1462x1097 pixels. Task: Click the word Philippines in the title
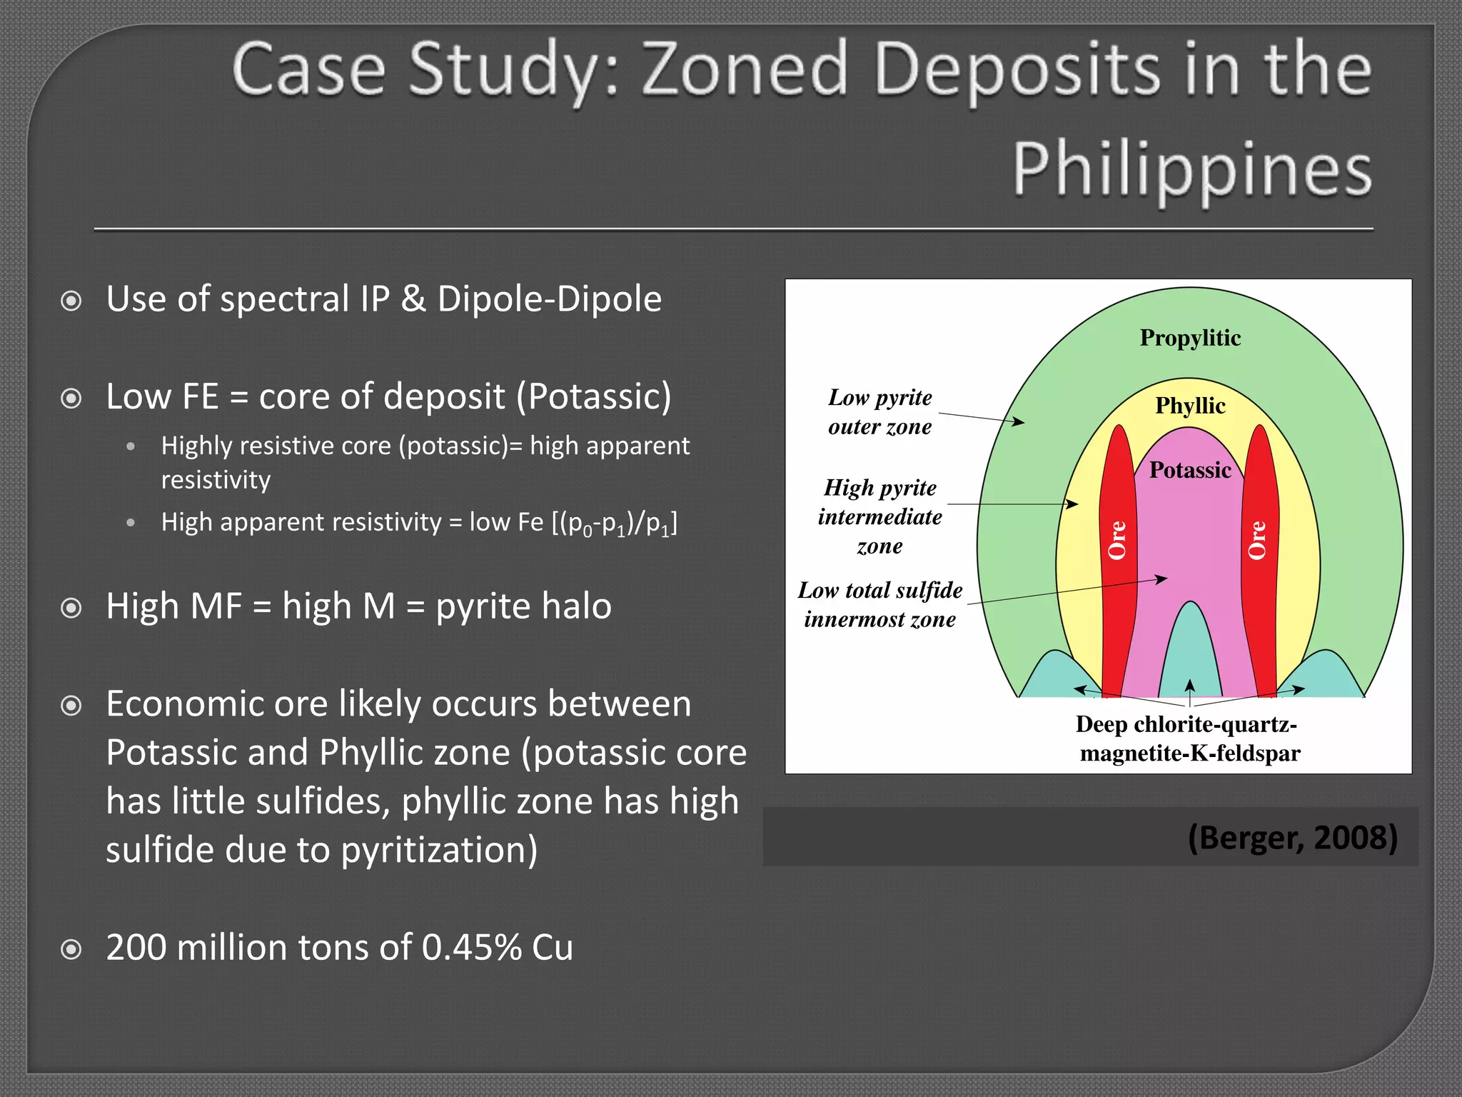pyautogui.click(x=1191, y=169)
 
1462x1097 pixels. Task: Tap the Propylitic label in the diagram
pyautogui.click(x=1190, y=337)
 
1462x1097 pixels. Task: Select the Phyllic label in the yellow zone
pyautogui.click(x=1190, y=405)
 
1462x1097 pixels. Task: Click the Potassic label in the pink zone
pyautogui.click(x=1190, y=470)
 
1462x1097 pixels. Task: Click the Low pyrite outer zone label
pyautogui.click(x=879, y=411)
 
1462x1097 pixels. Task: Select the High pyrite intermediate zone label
pyautogui.click(x=879, y=516)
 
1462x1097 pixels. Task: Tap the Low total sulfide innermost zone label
pyautogui.click(x=879, y=604)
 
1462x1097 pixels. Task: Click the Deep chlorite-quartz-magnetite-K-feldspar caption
pyautogui.click(x=1189, y=738)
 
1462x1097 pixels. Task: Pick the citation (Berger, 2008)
pyautogui.click(x=1292, y=837)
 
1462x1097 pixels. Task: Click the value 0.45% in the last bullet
pyautogui.click(x=471, y=947)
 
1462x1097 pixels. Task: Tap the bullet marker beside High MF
pyautogui.click(x=71, y=608)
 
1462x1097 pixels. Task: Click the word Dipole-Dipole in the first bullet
pyautogui.click(x=549, y=299)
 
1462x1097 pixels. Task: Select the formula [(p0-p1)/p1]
pyautogui.click(x=615, y=523)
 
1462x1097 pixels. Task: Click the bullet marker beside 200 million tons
pyautogui.click(x=71, y=949)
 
